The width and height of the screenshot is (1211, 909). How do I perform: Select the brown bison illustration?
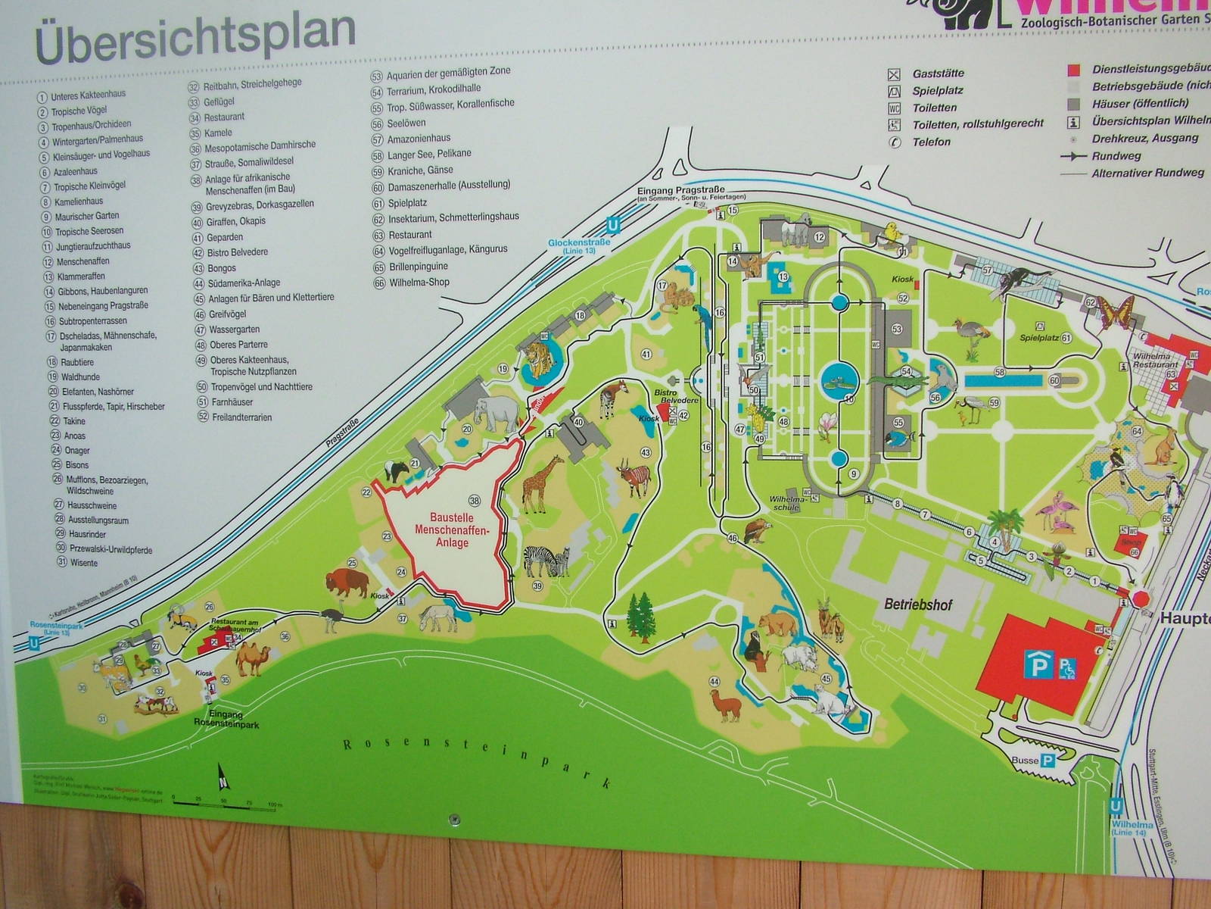pyautogui.click(x=347, y=583)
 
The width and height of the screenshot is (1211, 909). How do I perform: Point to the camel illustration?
pyautogui.click(x=251, y=657)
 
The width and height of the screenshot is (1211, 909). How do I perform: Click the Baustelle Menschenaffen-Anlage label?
pyautogui.click(x=452, y=530)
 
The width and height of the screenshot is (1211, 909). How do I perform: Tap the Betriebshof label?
pyautogui.click(x=917, y=604)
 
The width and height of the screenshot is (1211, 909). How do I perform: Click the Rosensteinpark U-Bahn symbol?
pyautogui.click(x=34, y=643)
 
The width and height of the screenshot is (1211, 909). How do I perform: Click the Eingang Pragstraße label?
pyautogui.click(x=680, y=190)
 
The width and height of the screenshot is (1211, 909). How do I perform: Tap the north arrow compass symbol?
pyautogui.click(x=223, y=776)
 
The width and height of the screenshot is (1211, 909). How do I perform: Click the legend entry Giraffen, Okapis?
pyautogui.click(x=236, y=221)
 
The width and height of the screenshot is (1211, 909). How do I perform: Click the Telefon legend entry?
pyautogui.click(x=931, y=142)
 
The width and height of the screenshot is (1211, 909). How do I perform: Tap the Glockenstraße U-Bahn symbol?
pyautogui.click(x=613, y=225)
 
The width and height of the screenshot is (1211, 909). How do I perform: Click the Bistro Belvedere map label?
pyautogui.click(x=665, y=396)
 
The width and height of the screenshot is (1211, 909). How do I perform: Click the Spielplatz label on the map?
pyautogui.click(x=1039, y=338)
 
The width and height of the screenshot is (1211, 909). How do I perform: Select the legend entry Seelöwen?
pyautogui.click(x=406, y=123)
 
